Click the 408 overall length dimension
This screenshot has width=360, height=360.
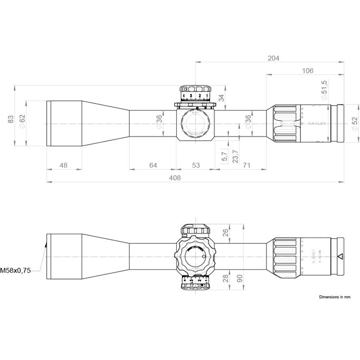pos(175,178)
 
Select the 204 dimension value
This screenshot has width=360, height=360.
pos(273,58)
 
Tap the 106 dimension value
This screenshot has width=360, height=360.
pos(308,71)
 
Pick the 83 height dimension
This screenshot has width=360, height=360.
pos(11,119)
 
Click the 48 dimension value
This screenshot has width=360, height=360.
pos(63,165)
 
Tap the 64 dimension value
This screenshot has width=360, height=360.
pos(153,165)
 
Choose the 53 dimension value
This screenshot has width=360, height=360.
pos(196,165)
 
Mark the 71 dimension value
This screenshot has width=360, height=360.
pos(247,165)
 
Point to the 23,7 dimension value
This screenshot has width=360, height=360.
pos(235,156)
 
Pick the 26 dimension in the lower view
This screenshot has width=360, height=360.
pos(226,233)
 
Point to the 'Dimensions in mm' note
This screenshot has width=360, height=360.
pos(334,297)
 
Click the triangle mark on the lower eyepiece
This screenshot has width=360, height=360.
pos(340,257)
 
